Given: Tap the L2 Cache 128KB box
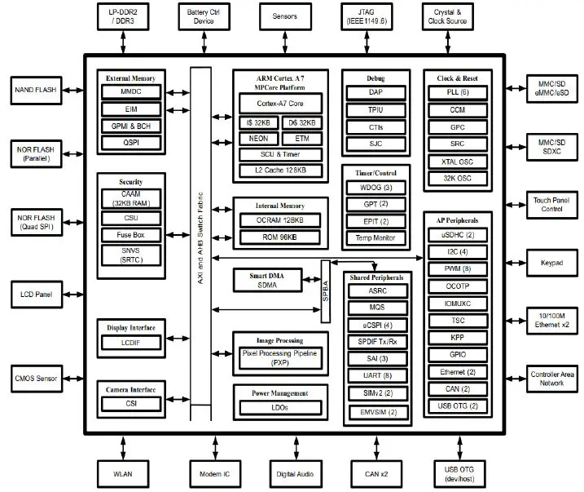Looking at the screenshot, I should [280, 171].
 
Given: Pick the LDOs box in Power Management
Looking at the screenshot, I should [280, 406].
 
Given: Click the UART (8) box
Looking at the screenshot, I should [375, 375].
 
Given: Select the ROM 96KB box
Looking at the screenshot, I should [280, 236].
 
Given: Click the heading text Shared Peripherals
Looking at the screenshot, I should [375, 277].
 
